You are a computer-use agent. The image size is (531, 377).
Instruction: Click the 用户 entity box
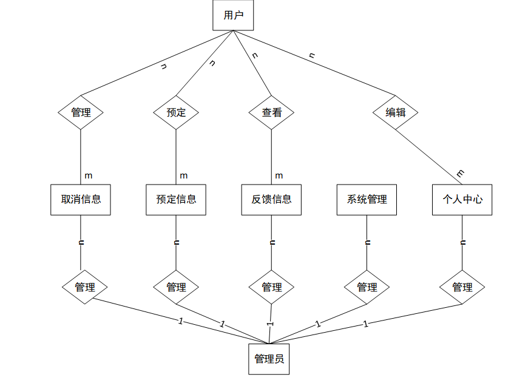(233, 15)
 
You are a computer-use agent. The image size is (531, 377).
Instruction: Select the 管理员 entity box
(269, 359)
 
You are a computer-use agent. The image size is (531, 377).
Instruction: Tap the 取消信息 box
(81, 199)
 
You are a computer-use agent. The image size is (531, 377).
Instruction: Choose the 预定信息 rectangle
(176, 199)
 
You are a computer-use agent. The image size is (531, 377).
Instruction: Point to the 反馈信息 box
(271, 199)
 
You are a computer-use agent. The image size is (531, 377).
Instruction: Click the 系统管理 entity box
(367, 199)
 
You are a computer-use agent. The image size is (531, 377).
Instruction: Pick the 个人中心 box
(462, 199)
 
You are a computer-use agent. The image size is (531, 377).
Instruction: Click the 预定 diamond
(176, 112)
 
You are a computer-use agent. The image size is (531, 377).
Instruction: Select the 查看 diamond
(271, 112)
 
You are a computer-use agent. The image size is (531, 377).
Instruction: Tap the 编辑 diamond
(396, 112)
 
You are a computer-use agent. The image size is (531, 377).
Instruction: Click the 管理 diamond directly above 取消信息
(81, 112)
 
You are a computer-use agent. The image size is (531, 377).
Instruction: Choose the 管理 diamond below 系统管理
(367, 287)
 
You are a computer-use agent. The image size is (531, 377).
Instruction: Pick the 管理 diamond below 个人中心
(462, 287)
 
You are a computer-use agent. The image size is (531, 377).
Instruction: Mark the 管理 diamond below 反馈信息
(271, 287)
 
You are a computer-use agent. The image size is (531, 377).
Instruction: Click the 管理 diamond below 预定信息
(176, 287)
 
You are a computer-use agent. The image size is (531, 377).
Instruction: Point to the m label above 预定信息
(183, 175)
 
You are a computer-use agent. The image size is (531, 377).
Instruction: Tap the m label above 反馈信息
(279, 175)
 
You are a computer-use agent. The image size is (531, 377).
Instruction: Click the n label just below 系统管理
(367, 242)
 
